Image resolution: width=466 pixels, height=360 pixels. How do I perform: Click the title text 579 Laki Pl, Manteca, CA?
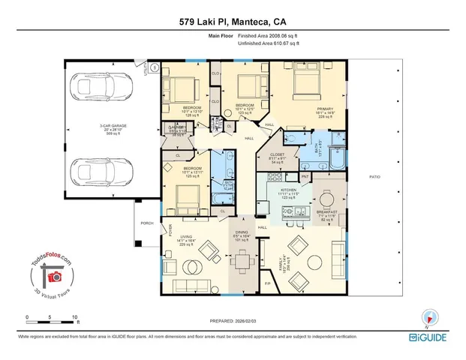point(233,22)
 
